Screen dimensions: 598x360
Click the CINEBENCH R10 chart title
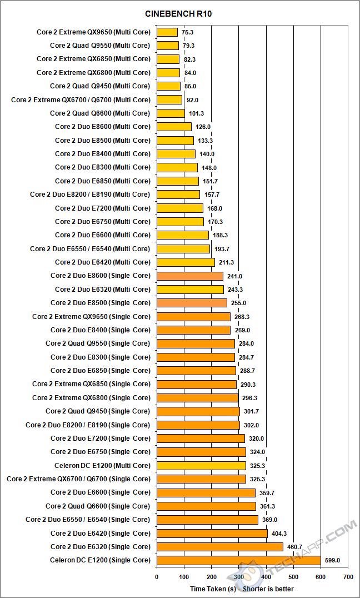click(x=180, y=13)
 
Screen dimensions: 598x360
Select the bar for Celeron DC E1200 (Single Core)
click(x=239, y=560)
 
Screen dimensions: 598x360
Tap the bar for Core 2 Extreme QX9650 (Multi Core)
click(x=167, y=32)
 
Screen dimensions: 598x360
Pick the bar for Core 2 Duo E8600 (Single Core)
click(x=190, y=276)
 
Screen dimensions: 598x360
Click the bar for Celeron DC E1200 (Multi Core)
click(x=201, y=466)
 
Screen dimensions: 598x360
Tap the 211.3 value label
click(x=226, y=262)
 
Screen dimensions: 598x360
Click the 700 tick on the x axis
click(x=348, y=576)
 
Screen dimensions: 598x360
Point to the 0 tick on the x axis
click(x=157, y=576)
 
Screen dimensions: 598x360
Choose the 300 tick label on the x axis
click(x=239, y=576)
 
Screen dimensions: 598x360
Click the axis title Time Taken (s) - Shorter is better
click(x=241, y=589)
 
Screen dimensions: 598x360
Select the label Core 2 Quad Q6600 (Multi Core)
click(x=100, y=113)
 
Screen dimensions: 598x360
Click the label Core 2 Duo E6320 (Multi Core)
click(x=102, y=289)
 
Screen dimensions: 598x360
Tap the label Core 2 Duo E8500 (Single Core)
click(x=100, y=303)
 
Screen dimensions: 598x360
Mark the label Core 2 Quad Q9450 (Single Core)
click(x=98, y=411)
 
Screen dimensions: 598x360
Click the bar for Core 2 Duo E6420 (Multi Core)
click(x=186, y=262)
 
